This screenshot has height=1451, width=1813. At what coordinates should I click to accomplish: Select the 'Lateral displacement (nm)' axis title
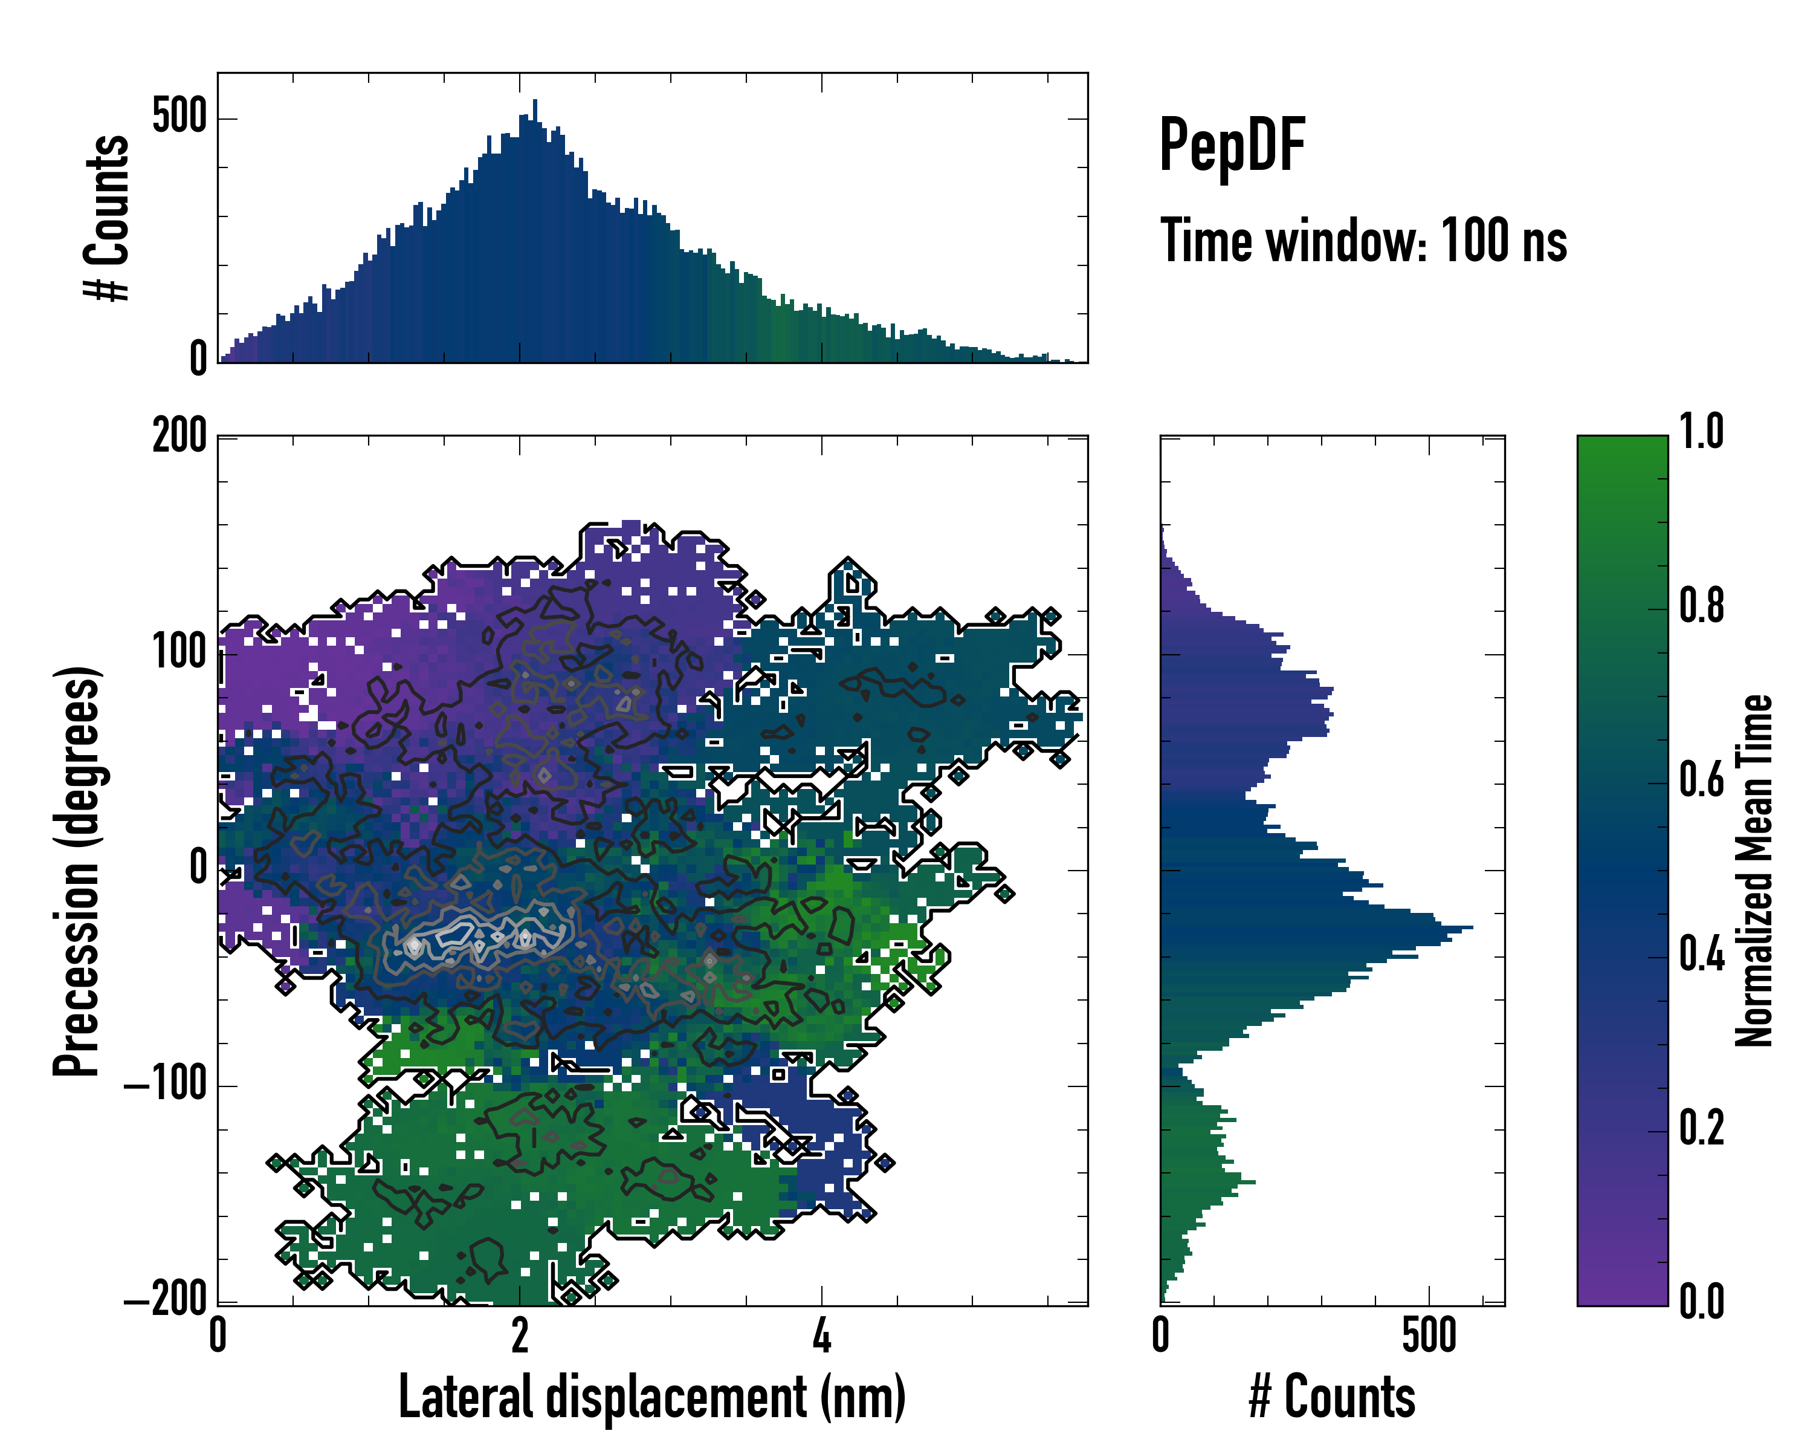coord(651,1397)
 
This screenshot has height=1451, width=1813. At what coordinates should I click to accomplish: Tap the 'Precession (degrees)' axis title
coord(77,871)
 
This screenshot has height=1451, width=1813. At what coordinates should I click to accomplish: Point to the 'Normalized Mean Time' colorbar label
coord(1754,871)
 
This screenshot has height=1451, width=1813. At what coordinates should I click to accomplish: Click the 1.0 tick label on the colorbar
coord(1701,432)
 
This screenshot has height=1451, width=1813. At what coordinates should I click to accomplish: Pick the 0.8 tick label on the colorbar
coord(1701,606)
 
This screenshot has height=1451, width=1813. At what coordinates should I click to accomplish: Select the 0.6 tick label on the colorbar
coord(1701,780)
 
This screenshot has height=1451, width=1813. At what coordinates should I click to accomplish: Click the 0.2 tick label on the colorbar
coord(1701,1128)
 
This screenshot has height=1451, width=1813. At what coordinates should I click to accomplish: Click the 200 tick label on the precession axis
coord(179,437)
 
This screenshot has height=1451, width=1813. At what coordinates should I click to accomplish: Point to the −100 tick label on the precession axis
coord(165,1086)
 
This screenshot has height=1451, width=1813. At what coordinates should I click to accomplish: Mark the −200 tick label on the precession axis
coord(165,1300)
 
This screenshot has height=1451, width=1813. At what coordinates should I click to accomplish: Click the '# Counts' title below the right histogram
coord(1332,1397)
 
